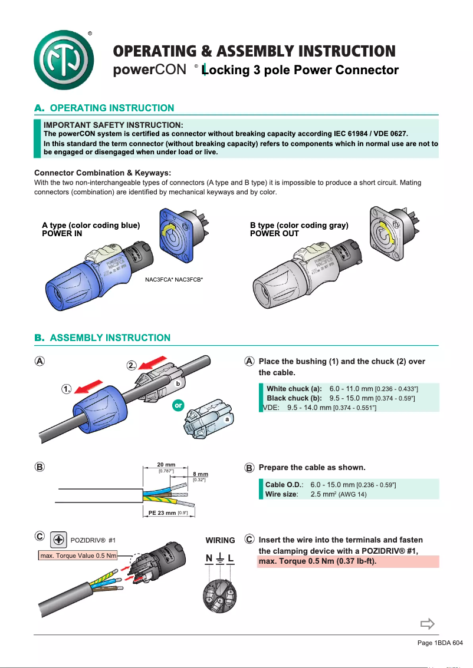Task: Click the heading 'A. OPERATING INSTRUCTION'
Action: [x=104, y=108]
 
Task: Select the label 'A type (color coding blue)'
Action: [x=91, y=225]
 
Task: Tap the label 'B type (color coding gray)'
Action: [x=299, y=225]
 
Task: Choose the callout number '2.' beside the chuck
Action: [x=133, y=366]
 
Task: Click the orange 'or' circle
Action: [x=178, y=406]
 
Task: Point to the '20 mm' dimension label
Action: [x=166, y=465]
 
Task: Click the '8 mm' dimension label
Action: [x=201, y=474]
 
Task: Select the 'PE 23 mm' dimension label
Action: [x=162, y=513]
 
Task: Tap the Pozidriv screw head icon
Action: [x=58, y=539]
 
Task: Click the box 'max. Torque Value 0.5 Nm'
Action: [x=77, y=555]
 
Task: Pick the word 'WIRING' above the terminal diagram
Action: [x=220, y=540]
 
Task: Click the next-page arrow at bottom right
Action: [x=427, y=624]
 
